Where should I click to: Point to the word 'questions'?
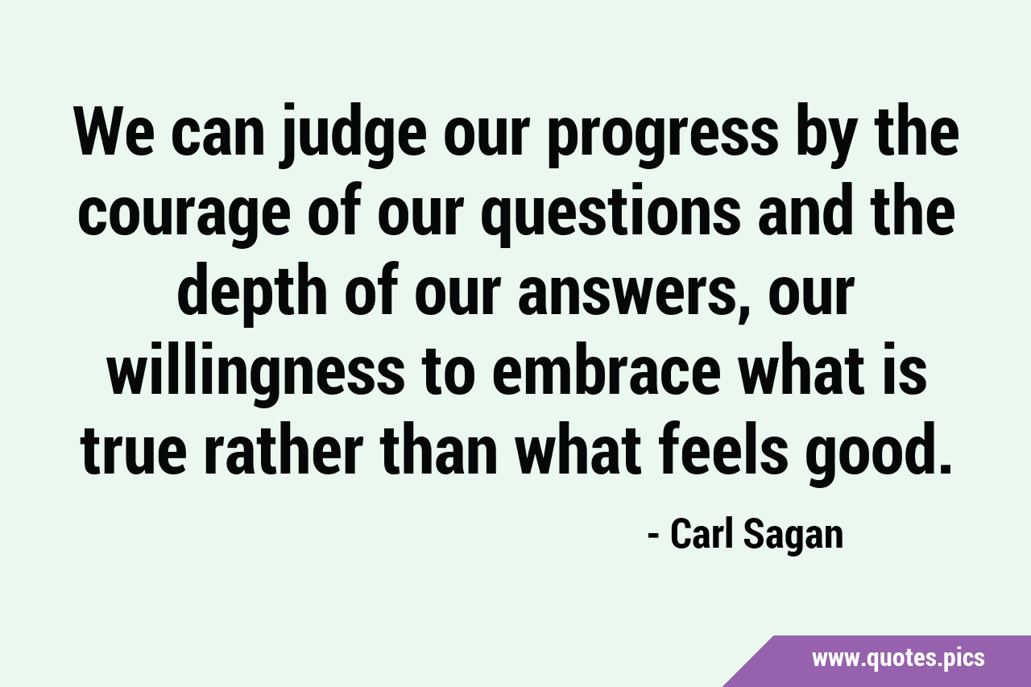coord(613,215)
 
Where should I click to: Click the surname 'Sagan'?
coord(793,536)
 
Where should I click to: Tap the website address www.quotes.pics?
coord(898,658)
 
